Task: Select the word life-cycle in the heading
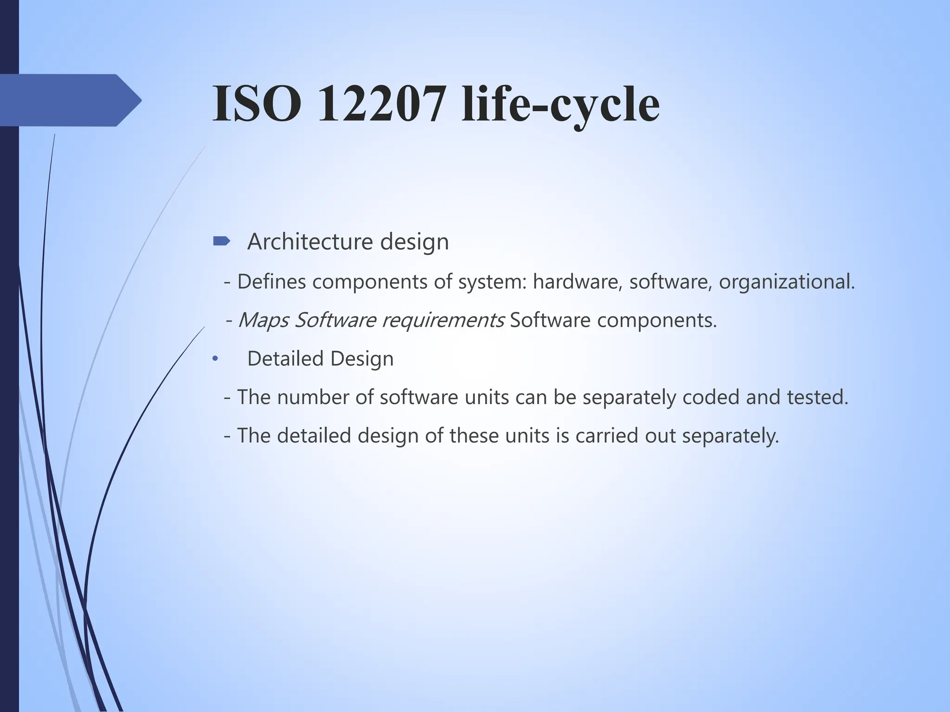click(560, 106)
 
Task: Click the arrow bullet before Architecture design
click(221, 241)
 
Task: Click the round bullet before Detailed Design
click(215, 359)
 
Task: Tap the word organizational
click(786, 282)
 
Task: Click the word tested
click(817, 397)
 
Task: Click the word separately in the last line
click(730, 436)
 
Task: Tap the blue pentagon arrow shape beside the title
click(70, 100)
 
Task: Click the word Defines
click(271, 281)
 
